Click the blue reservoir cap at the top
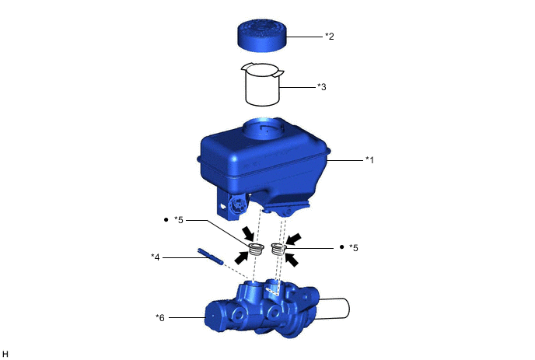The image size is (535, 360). pyautogui.click(x=262, y=37)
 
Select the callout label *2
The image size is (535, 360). pyautogui.click(x=329, y=37)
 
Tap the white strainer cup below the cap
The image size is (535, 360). pyautogui.click(x=262, y=84)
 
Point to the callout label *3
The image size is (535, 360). pyautogui.click(x=321, y=87)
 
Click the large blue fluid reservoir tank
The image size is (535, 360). pyautogui.click(x=263, y=167)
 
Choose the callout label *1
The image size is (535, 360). pyautogui.click(x=369, y=159)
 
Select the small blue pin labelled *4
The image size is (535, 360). pyautogui.click(x=210, y=257)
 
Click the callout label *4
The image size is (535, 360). pyautogui.click(x=156, y=257)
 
